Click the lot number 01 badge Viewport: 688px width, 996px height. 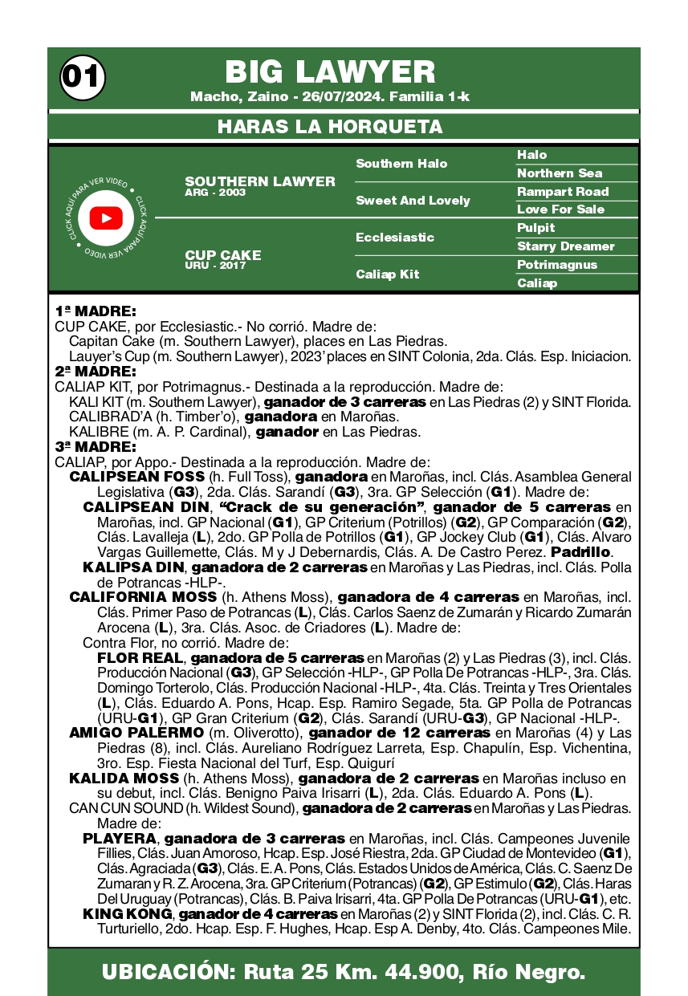coord(81,77)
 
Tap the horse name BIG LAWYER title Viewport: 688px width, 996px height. coord(330,72)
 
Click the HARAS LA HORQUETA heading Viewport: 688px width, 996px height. coord(330,127)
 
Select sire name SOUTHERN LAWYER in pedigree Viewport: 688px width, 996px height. coord(260,181)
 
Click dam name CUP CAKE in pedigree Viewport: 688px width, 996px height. coord(223,255)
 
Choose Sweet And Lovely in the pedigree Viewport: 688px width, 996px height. coord(413,201)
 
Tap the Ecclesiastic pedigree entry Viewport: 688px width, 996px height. coord(395,238)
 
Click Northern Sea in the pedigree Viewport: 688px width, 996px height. coord(560,173)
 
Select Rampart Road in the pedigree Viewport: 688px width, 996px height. coord(563,192)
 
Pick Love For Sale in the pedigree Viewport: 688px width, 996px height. coord(560,209)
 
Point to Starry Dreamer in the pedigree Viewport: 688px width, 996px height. coord(565,246)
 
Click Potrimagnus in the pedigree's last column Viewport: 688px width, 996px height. coord(557,265)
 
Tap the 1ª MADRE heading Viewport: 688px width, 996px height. coord(96,311)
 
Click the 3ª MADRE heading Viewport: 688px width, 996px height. coord(96,446)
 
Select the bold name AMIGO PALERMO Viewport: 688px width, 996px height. coord(136,733)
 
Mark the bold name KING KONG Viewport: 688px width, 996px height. coord(127,914)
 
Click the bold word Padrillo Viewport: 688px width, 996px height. coord(582,553)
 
